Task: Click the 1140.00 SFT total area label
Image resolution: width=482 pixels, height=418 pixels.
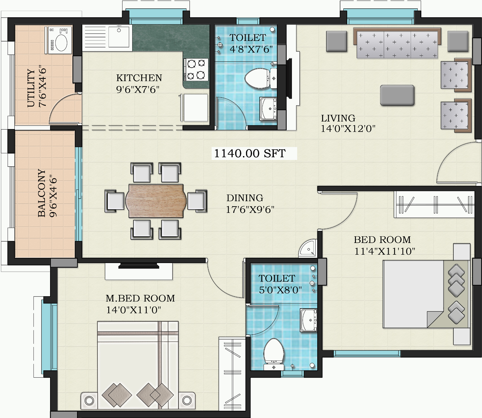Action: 250,153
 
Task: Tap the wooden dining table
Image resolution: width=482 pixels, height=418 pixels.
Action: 156,201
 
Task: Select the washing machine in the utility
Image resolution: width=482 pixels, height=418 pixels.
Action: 58,40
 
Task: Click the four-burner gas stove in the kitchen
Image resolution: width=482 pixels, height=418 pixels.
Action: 196,69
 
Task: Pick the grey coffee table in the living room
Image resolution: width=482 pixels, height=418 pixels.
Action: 397,95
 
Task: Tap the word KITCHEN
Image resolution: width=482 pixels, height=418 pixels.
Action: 139,78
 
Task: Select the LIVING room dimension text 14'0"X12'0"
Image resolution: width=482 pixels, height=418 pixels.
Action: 348,129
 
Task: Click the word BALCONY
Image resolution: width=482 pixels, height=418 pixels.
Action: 41,193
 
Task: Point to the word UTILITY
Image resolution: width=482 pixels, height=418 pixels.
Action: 31,88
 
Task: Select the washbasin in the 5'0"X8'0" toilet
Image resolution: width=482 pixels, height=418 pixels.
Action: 308,320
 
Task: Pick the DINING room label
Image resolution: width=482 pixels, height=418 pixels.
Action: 245,198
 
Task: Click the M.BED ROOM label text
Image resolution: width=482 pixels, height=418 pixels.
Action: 140,298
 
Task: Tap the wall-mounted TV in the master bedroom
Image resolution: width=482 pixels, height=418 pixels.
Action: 139,266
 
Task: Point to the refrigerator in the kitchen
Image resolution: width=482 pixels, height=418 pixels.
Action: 194,108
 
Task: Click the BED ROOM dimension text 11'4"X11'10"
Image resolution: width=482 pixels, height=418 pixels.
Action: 385,251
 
